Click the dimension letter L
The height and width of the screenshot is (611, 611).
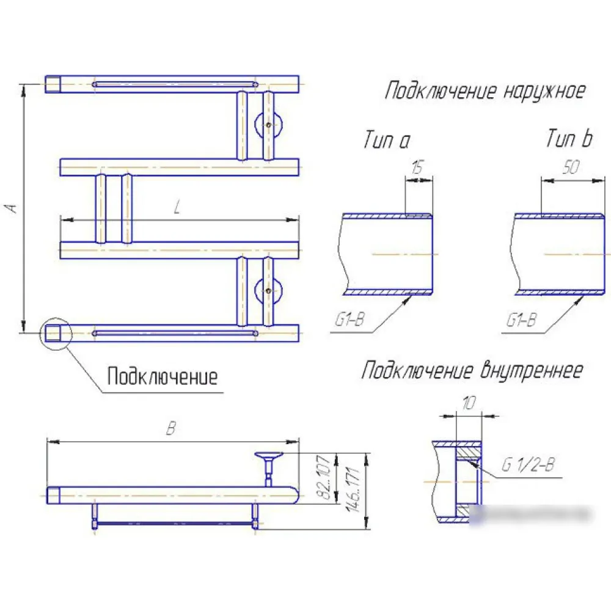point(177,208)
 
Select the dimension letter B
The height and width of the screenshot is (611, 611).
point(172,429)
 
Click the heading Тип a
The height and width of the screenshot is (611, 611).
point(386,141)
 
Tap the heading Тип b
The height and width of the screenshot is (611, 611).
point(568,140)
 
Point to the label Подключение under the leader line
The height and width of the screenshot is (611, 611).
point(162,376)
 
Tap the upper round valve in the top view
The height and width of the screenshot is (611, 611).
point(269,125)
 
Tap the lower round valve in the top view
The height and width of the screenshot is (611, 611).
point(269,291)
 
